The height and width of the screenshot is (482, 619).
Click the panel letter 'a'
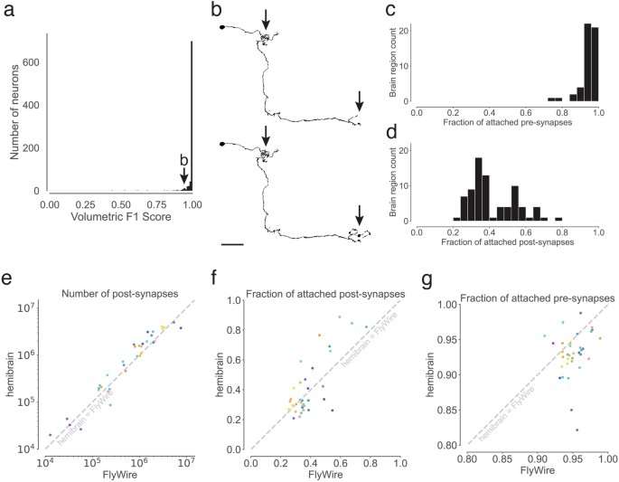[x=8, y=12]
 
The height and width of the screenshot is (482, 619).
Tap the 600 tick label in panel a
[x=29, y=62]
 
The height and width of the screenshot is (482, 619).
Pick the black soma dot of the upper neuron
[x=221, y=27]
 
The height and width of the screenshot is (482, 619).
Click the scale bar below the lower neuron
[x=232, y=243]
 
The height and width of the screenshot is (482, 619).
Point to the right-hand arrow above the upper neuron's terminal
[x=359, y=99]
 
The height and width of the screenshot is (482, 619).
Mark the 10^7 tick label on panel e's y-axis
[x=29, y=308]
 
